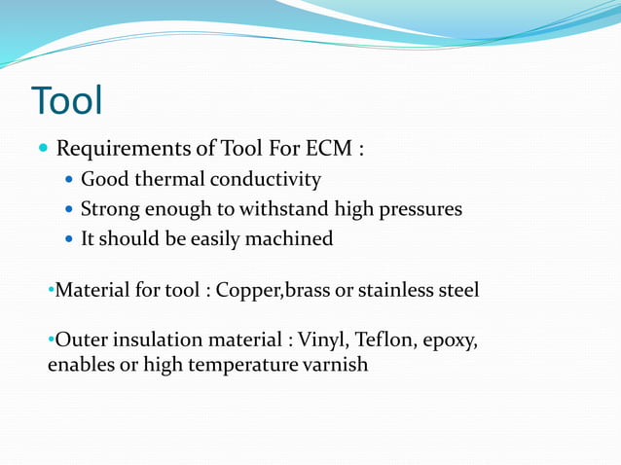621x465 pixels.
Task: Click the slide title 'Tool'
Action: (x=66, y=100)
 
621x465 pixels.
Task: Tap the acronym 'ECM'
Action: (x=327, y=150)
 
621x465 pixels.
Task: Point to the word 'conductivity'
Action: (x=263, y=180)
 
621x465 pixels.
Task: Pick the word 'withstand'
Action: (x=289, y=209)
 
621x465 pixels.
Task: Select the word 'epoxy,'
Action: (x=451, y=342)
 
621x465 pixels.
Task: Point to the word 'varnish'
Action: (x=335, y=367)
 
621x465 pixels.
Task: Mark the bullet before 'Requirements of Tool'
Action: (x=43, y=151)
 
